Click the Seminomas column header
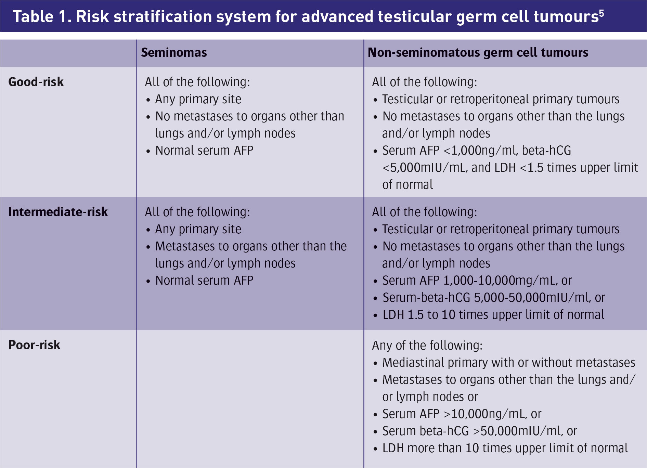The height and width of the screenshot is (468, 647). [x=174, y=52]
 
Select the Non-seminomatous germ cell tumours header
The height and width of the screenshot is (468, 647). [x=478, y=52]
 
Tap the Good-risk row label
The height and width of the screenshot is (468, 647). [x=36, y=82]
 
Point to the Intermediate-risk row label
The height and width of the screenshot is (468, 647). [x=58, y=212]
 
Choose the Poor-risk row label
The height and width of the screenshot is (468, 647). [x=34, y=345]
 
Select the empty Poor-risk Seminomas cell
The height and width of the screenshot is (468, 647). [x=250, y=399]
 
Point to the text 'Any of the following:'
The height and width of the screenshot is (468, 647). [x=427, y=345]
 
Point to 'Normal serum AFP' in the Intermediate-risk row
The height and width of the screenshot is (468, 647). [x=204, y=281]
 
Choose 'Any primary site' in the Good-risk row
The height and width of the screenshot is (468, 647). [x=198, y=99]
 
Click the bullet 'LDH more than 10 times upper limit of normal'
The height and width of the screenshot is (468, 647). [x=505, y=448]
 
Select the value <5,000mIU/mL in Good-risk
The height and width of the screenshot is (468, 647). [x=425, y=168]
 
